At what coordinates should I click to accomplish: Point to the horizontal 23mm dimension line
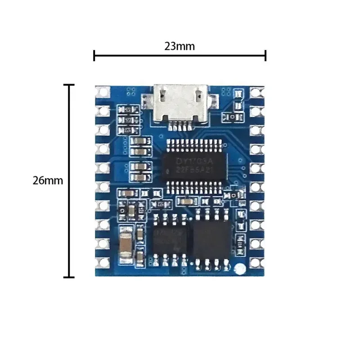coord(180,56)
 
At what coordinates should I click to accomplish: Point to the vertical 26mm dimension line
coord(69,180)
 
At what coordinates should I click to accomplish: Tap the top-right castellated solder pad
coord(256,93)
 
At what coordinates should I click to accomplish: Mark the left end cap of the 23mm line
coord(94,56)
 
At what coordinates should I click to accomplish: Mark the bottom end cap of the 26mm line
coord(69,277)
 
